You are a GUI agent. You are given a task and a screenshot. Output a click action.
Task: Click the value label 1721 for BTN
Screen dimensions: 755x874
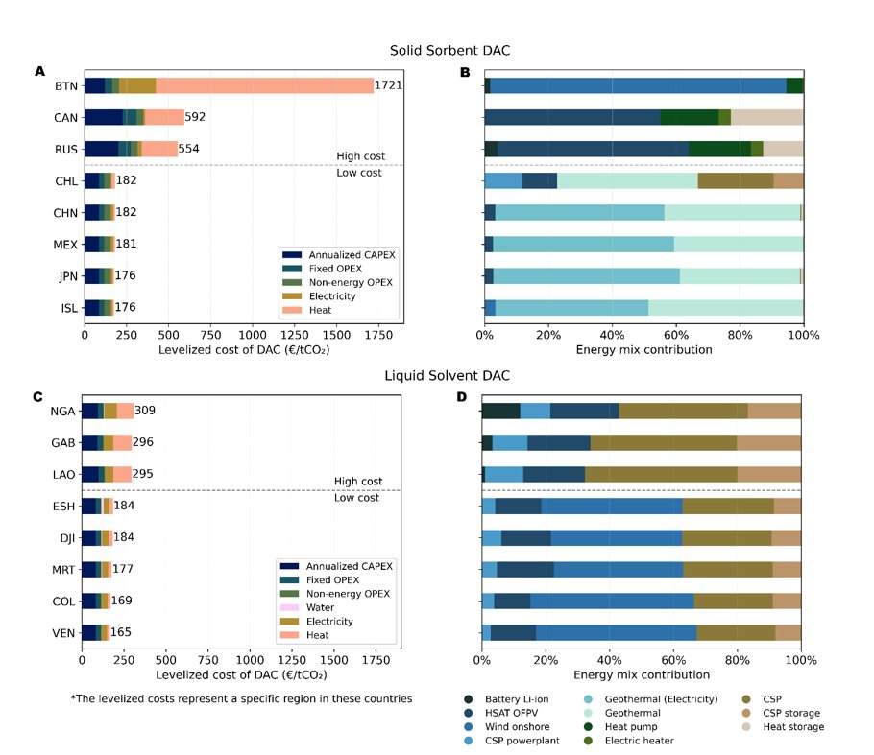coord(388,85)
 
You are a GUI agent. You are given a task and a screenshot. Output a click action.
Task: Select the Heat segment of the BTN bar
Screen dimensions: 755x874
coord(264,85)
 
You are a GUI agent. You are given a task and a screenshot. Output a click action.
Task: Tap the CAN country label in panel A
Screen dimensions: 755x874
coord(66,117)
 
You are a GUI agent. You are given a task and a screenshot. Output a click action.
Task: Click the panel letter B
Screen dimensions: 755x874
coord(465,70)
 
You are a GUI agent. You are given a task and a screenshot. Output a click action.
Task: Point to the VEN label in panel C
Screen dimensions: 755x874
coord(63,632)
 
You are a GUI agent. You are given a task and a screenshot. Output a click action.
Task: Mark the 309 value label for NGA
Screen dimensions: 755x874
coord(145,411)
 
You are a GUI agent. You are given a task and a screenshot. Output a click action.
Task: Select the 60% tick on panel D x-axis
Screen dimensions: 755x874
coord(672,660)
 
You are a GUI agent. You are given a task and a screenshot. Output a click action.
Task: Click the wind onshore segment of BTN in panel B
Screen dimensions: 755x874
coord(638,85)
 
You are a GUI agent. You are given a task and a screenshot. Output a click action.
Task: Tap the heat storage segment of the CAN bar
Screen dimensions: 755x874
coord(766,117)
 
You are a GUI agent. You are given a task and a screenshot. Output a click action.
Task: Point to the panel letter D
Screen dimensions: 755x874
coord(465,395)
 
